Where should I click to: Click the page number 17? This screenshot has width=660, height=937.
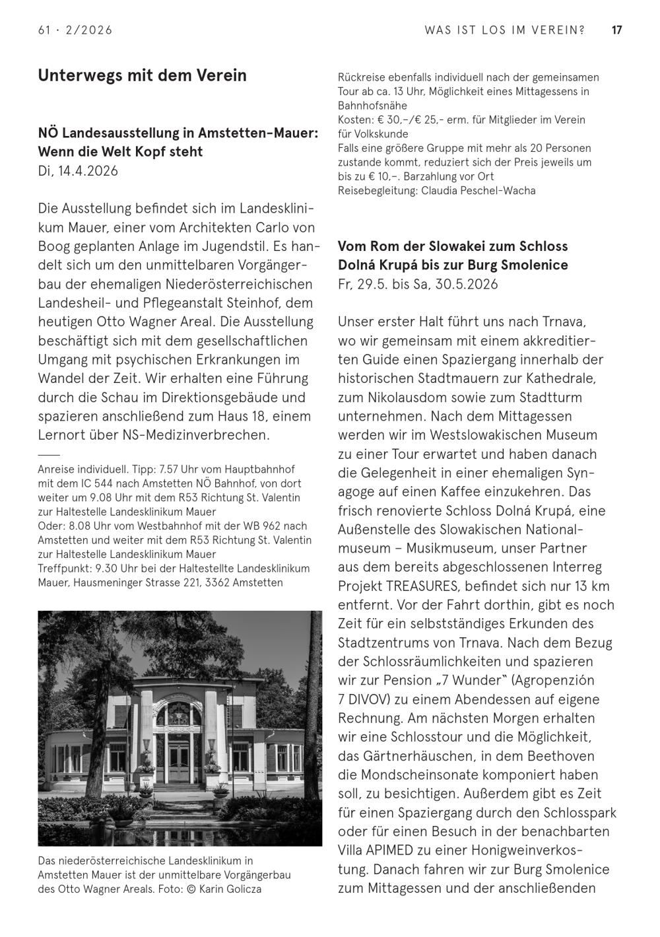pos(617,30)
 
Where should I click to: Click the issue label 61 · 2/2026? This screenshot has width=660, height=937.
pos(75,30)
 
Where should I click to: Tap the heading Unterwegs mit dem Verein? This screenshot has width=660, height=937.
pos(142,75)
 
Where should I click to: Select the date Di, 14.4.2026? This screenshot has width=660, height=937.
pos(78,171)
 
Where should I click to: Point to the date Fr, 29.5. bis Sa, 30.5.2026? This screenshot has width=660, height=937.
pos(418,285)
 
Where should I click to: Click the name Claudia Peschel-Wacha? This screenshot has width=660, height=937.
pos(478,191)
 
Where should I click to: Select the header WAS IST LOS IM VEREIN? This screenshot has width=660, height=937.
pos(505,30)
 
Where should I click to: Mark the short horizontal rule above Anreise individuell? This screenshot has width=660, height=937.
pos(49,455)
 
